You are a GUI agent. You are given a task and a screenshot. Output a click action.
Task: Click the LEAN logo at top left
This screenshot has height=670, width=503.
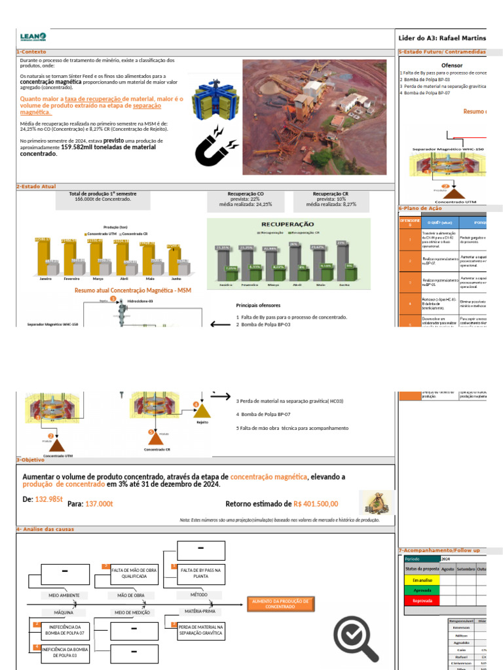(33, 38)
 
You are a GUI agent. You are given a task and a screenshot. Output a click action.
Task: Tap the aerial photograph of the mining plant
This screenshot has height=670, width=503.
(314, 117)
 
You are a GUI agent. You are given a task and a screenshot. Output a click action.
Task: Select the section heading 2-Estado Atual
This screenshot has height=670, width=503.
(36, 186)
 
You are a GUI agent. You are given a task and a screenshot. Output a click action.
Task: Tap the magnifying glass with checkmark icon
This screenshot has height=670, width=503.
(356, 639)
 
